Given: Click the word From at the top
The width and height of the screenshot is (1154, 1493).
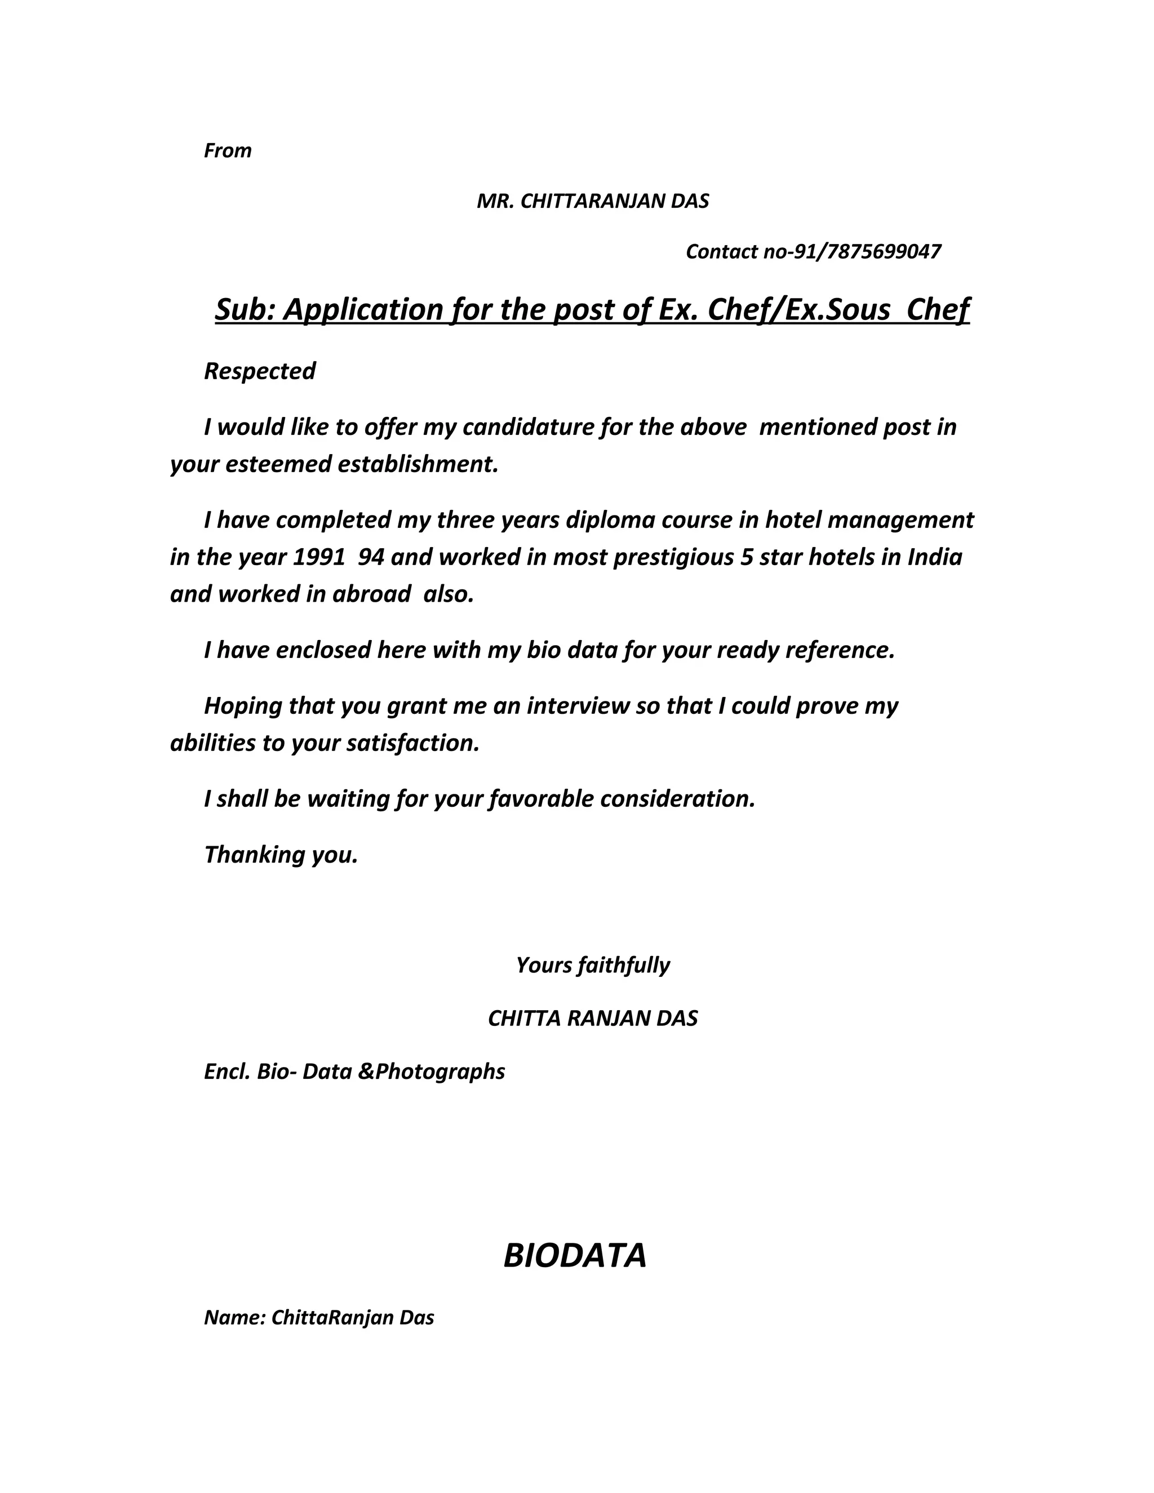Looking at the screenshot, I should pos(228,150).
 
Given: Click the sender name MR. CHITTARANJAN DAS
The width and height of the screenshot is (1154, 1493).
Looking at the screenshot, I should pos(593,201).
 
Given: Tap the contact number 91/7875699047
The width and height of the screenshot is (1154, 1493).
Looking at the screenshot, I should pos(867,252).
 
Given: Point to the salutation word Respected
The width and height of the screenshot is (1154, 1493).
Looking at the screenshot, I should pos(260,371).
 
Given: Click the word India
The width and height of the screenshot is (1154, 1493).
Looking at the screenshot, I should pos(935,557).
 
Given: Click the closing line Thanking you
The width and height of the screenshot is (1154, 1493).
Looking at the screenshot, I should pos(281,855).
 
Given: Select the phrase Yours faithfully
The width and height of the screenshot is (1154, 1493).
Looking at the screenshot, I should pos(593,965).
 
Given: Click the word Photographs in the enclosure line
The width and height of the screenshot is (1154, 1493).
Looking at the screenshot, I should pos(440,1071).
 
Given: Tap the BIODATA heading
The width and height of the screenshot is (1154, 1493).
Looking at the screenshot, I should pos(575,1256).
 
